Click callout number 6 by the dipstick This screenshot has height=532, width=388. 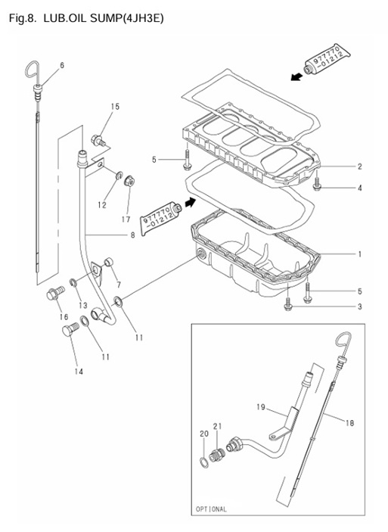tap(61, 65)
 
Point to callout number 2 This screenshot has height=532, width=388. tap(359, 166)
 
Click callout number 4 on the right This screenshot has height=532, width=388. tap(359, 188)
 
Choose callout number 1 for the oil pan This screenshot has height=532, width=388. tap(359, 254)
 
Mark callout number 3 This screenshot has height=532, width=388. tap(359, 306)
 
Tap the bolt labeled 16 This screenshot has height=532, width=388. tap(54, 293)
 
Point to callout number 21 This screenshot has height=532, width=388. tap(217, 425)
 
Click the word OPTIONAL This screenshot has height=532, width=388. tap(211, 509)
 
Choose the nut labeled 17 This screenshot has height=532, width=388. tap(129, 181)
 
